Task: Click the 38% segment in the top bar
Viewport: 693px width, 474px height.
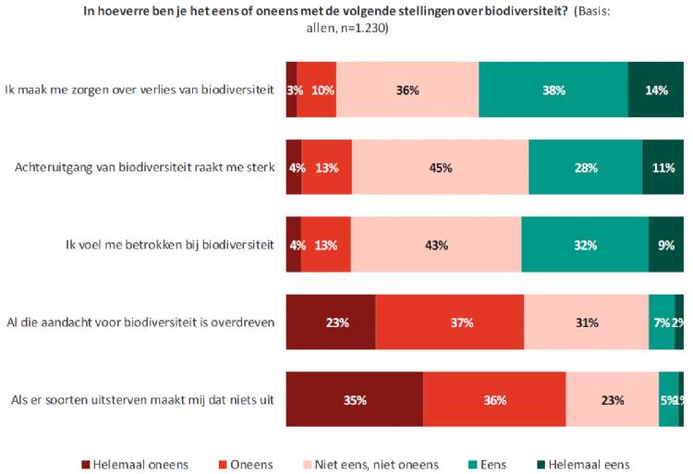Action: click(x=553, y=91)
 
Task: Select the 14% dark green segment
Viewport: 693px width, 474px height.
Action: click(x=655, y=91)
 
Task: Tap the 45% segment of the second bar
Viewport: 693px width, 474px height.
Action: click(x=440, y=168)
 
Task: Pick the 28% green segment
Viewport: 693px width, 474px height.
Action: click(x=585, y=168)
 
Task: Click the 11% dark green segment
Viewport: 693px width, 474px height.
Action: click(x=663, y=168)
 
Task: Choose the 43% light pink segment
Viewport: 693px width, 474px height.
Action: click(x=436, y=246)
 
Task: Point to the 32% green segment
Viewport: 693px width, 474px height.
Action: click(x=584, y=246)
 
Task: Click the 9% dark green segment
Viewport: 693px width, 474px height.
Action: click(x=666, y=246)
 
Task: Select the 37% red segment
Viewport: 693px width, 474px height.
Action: click(x=449, y=322)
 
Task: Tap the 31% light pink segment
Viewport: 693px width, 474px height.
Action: click(x=586, y=322)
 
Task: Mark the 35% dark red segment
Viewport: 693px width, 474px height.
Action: click(x=355, y=400)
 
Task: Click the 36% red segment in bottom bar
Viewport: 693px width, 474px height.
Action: click(x=494, y=400)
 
